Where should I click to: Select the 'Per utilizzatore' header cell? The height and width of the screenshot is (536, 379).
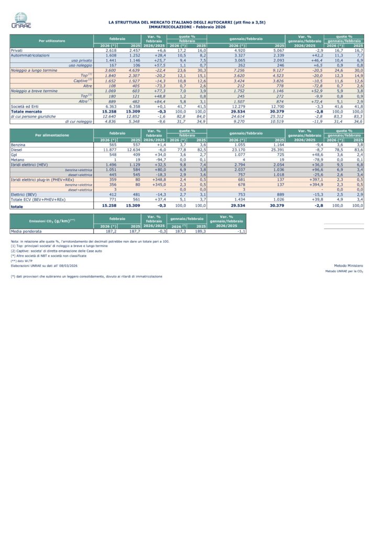tap(51, 40)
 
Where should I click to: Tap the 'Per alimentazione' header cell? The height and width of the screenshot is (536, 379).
tap(51, 135)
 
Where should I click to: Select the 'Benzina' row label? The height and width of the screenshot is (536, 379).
tap(18, 145)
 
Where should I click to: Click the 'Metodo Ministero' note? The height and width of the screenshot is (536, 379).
tap(348, 266)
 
